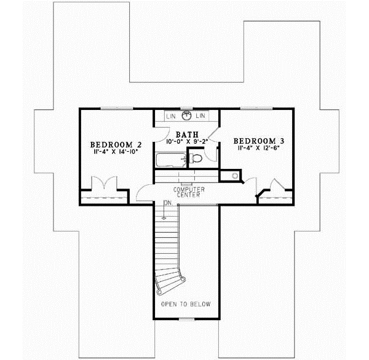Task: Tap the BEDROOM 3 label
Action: point(257,141)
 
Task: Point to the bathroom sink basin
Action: point(200,115)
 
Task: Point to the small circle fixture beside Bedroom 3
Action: point(234,176)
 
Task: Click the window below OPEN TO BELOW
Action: point(185,318)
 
